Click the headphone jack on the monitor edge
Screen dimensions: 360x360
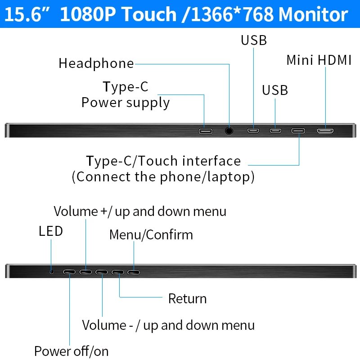[x=229, y=131]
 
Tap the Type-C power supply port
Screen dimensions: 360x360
[x=206, y=131]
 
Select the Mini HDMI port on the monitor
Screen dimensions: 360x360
[x=325, y=131]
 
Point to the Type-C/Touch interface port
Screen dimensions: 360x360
[x=298, y=131]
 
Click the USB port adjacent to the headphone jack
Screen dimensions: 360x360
[x=253, y=131]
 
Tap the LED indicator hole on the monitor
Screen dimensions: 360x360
[x=52, y=271]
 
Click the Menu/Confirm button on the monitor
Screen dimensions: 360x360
[x=134, y=272]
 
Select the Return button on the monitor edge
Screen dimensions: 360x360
[x=118, y=272]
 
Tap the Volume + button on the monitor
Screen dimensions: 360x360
[x=85, y=272]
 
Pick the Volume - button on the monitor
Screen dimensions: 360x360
[x=102, y=272]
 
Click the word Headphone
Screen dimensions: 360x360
[x=96, y=63]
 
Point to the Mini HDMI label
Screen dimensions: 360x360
[x=319, y=60]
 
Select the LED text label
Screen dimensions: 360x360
[x=51, y=231]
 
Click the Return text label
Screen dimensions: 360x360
[x=187, y=298]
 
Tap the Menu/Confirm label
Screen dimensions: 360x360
[x=151, y=234]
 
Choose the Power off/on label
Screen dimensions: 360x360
[x=72, y=351]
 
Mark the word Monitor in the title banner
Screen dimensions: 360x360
[x=313, y=14]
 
